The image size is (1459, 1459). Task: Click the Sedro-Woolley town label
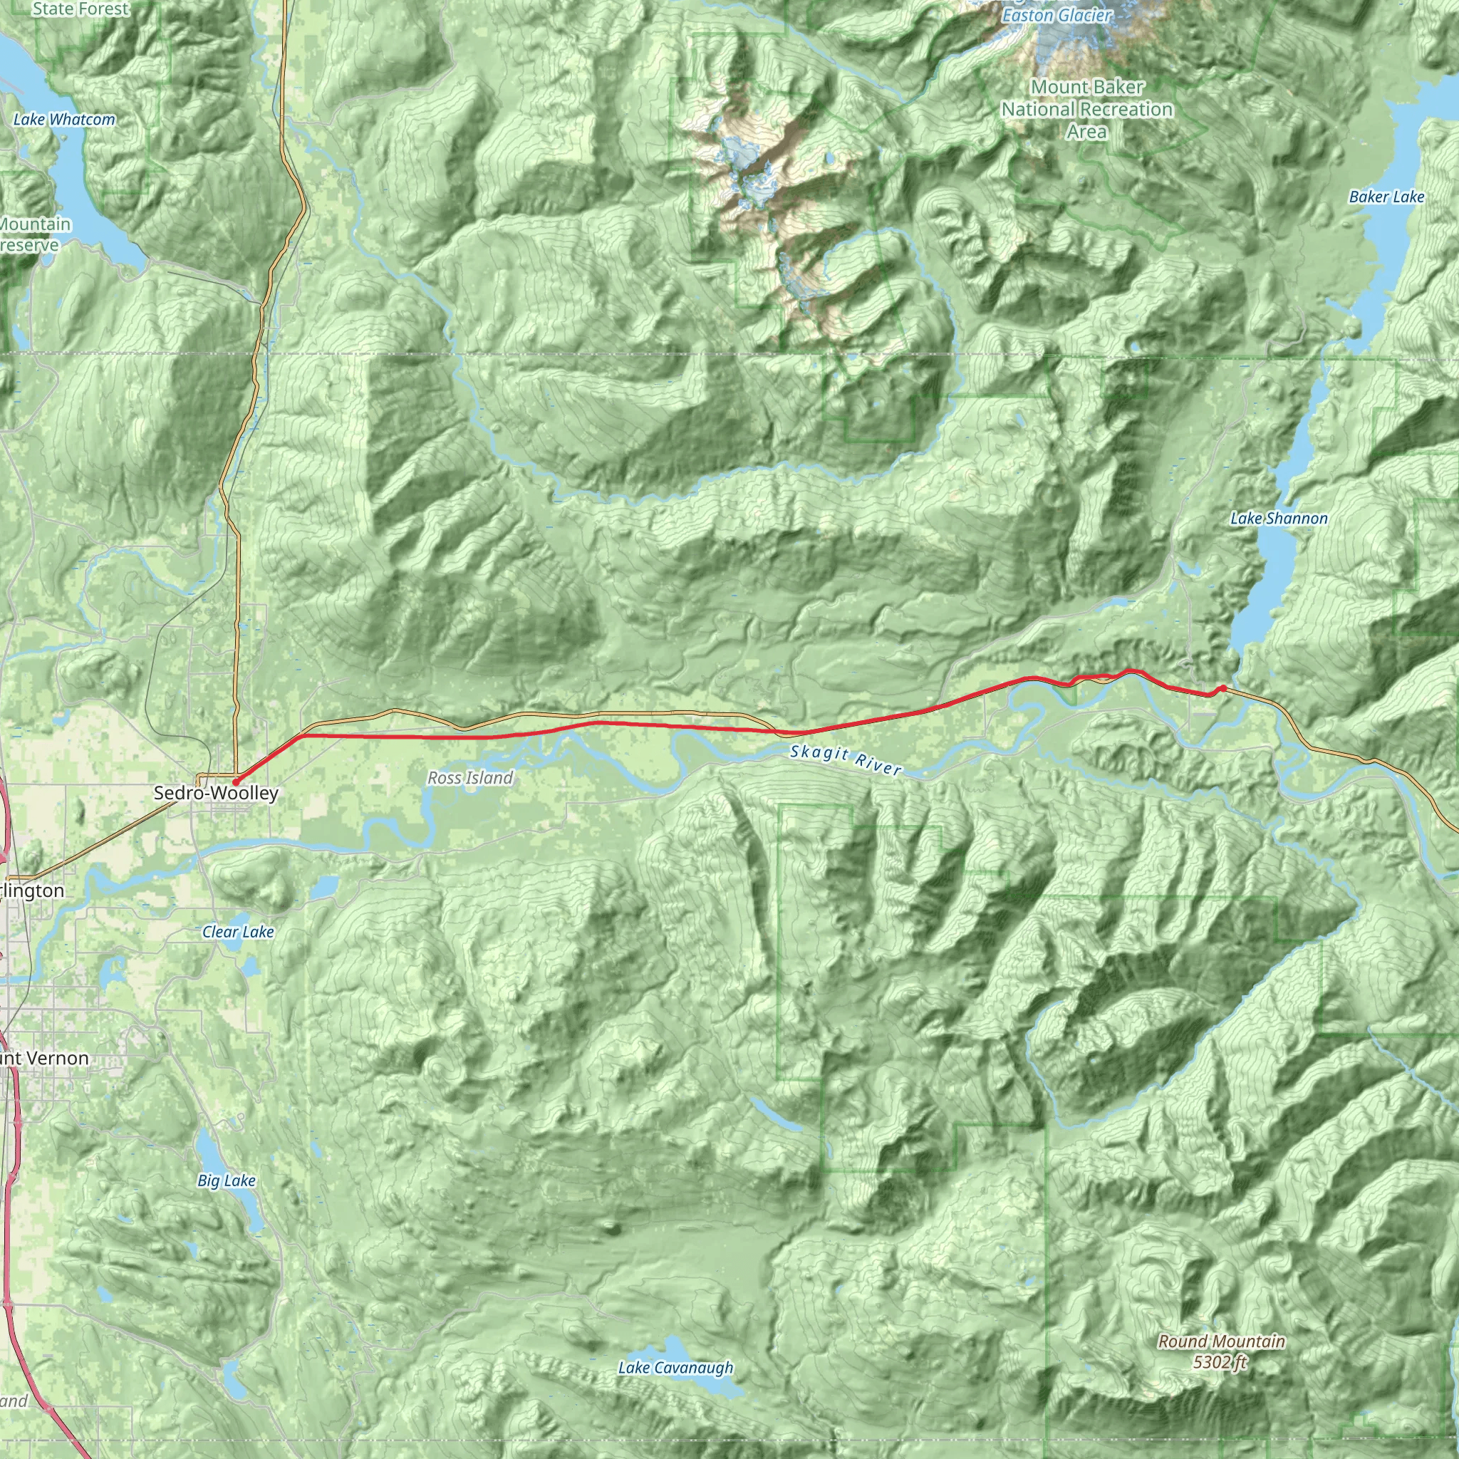click(216, 793)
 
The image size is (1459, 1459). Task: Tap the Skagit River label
click(846, 759)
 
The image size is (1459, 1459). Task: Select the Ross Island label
click(469, 778)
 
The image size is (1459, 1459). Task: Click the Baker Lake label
click(1386, 197)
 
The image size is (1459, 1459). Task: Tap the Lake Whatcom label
click(64, 119)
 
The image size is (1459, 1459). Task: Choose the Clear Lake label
click(238, 932)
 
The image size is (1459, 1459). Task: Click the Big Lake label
click(227, 1180)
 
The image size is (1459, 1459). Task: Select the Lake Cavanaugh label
click(675, 1368)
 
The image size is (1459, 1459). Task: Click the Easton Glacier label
click(1056, 15)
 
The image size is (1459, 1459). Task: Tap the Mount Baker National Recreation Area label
click(1086, 110)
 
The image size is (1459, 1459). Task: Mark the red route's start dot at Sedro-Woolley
click(236, 782)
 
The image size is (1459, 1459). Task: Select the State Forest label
click(81, 9)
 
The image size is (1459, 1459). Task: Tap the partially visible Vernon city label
click(46, 1058)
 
